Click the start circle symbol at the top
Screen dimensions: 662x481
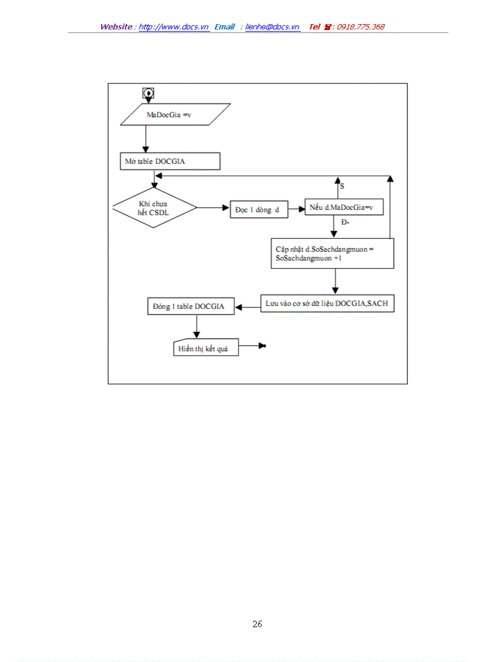pos(149,93)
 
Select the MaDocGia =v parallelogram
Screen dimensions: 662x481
pos(175,114)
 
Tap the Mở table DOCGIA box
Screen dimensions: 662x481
pos(170,161)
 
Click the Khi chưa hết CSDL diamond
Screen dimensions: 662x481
pos(154,208)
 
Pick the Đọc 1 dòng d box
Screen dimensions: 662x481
pos(259,210)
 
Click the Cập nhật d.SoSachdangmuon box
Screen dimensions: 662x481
pos(332,253)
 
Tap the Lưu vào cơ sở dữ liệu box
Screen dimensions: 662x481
pos(327,304)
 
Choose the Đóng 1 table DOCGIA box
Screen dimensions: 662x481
pos(190,307)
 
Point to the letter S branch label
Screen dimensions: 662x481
pos(342,186)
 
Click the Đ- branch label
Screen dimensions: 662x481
pos(345,222)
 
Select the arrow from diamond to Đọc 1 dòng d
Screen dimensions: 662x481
pos(213,208)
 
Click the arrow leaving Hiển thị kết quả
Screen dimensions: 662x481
pos(252,346)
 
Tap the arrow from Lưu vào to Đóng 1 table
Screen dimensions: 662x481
pos(247,305)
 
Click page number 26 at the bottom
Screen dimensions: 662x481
pos(257,624)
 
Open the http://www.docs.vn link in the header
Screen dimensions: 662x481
pos(174,27)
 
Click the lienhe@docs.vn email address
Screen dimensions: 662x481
pos(272,27)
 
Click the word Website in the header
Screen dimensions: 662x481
pos(116,27)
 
